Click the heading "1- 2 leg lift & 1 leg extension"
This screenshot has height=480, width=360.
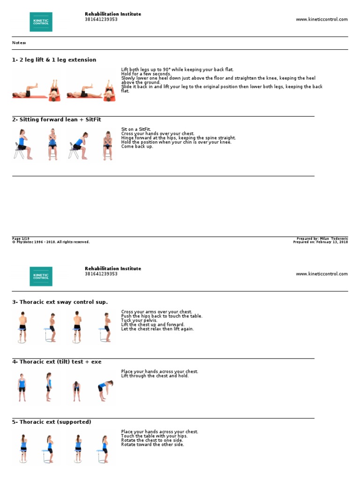54,60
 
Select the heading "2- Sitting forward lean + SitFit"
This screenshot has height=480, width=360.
56,120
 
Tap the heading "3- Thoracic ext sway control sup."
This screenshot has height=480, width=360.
60,302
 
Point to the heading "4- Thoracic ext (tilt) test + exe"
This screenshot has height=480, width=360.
56,362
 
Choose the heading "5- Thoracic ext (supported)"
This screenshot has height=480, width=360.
52,422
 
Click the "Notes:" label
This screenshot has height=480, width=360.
19,43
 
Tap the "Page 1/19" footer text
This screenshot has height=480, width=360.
21,239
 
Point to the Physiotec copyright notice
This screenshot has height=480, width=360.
51,242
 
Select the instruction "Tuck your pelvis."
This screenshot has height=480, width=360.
139,320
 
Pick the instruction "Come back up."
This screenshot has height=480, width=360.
137,147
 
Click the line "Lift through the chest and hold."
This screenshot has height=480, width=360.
155,376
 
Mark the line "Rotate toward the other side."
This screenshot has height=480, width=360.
152,445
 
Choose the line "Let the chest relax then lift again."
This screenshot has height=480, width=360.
157,329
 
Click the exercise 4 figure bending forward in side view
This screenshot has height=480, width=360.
105,387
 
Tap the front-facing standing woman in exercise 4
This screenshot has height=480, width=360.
21,387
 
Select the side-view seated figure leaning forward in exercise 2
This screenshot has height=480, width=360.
77,146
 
